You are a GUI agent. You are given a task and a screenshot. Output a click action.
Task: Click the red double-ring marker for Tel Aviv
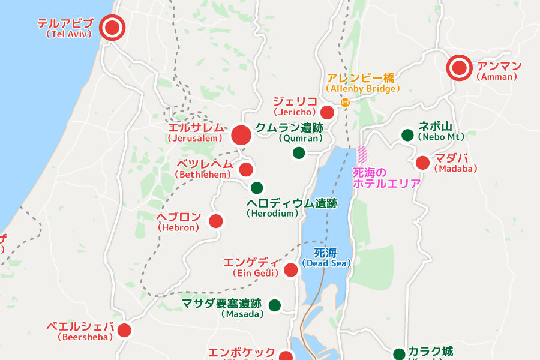tap(112, 28)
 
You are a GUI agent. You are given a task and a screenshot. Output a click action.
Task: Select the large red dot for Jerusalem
tap(241, 135)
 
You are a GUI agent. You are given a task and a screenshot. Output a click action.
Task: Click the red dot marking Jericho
tap(327, 112)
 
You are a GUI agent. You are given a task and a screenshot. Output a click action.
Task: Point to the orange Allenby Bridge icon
tap(345, 103)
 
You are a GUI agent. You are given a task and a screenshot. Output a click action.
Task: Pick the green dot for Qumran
tap(299, 153)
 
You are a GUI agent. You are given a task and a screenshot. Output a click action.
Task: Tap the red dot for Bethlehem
tap(246, 169)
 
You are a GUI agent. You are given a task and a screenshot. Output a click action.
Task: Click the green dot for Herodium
tap(257, 187)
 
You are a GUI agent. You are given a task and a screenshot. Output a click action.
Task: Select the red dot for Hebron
tap(215, 221)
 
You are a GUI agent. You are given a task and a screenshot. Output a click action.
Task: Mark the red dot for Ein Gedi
tap(291, 270)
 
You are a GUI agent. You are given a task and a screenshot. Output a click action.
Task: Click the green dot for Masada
tap(275, 305)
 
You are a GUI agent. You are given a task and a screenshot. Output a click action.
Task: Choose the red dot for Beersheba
tap(124, 330)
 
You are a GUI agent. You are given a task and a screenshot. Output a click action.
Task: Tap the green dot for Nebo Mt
tap(407, 135)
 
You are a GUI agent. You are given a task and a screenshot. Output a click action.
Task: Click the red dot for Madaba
tap(422, 163)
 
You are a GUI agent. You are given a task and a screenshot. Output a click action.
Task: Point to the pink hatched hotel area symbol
tap(362, 155)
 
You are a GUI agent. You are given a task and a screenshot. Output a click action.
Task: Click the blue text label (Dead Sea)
tap(326, 263)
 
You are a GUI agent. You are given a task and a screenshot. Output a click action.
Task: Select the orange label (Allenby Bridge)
tap(362, 89)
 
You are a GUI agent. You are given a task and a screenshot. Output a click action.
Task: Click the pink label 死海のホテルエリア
tap(386, 178)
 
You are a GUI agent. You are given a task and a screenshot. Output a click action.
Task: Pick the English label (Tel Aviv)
tap(68, 34)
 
